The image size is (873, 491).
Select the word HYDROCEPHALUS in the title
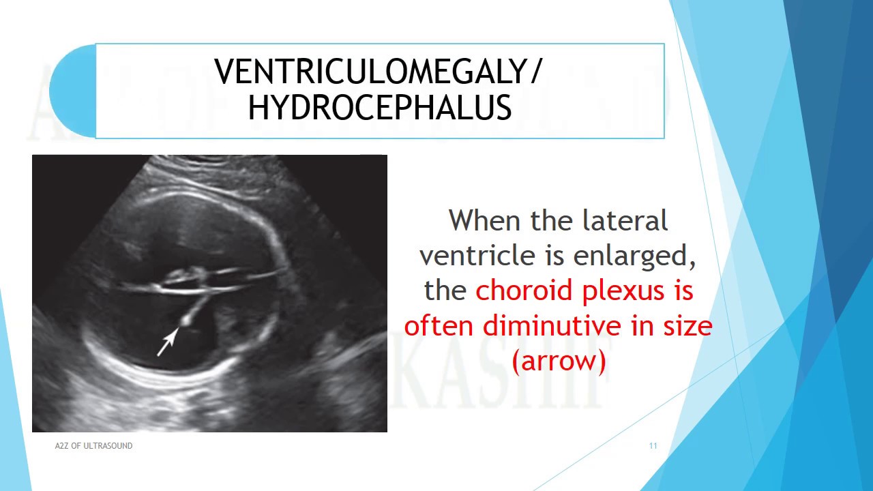(380, 108)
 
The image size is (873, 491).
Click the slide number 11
(653, 446)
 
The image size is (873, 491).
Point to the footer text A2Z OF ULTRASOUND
(93, 446)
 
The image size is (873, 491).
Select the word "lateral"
(625, 221)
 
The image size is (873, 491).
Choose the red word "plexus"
(623, 291)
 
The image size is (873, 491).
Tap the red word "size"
(687, 326)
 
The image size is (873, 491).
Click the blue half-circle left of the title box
(72, 91)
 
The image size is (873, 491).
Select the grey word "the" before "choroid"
(445, 291)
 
